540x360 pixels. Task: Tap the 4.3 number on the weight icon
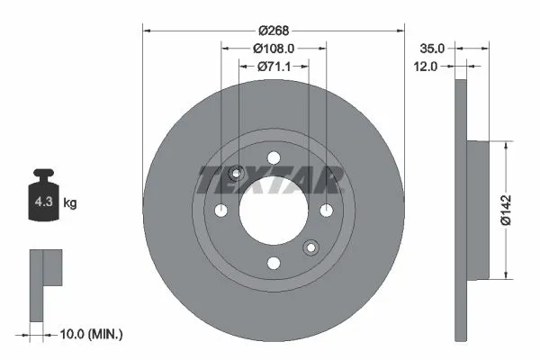(41, 203)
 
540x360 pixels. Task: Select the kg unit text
(69, 203)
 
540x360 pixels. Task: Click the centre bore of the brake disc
(273, 211)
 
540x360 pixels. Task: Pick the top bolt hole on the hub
(273, 158)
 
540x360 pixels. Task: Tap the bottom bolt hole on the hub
(273, 263)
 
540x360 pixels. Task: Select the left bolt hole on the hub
(220, 211)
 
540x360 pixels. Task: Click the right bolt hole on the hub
(325, 211)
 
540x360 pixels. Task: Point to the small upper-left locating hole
(237, 174)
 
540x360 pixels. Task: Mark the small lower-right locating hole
(310, 247)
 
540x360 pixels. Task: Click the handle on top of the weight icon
(41, 175)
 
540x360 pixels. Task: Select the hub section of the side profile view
(477, 209)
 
